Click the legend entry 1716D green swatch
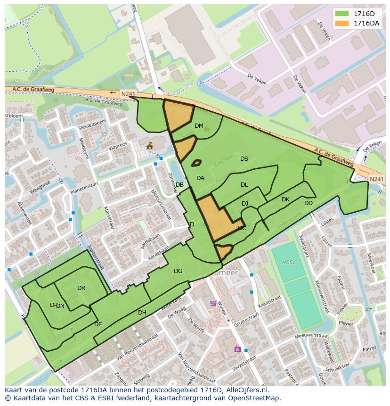coord(342,14)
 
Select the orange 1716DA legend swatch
coord(342,23)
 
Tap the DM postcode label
coord(199,126)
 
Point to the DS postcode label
coord(244,159)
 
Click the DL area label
coord(244,185)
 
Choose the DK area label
coord(285,199)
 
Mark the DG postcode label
coord(178,271)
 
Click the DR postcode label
coord(81,288)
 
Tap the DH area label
coord(142,313)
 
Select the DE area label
coord(98,324)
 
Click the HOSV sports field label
coord(288,262)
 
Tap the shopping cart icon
coord(213,303)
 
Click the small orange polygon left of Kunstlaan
coord(196,163)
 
